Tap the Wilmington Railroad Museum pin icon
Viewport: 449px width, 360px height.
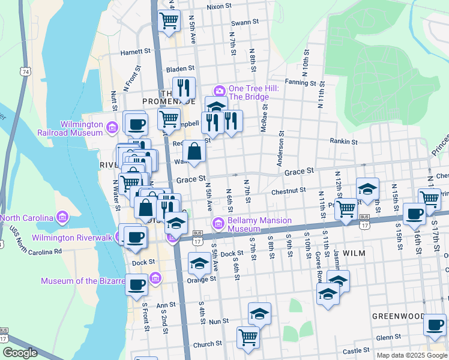click(x=112, y=127)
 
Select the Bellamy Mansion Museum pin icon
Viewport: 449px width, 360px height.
click(x=219, y=224)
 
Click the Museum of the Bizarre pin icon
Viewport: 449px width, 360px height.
click(x=156, y=277)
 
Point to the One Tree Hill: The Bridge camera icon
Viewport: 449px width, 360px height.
click(x=219, y=91)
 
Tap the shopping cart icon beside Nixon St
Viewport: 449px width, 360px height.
click(x=169, y=21)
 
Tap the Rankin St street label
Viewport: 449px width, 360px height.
click(x=343, y=142)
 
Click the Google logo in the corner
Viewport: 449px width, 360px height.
click(x=20, y=353)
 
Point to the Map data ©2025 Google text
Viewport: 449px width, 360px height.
click(x=412, y=355)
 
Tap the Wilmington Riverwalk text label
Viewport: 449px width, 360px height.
click(x=72, y=238)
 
